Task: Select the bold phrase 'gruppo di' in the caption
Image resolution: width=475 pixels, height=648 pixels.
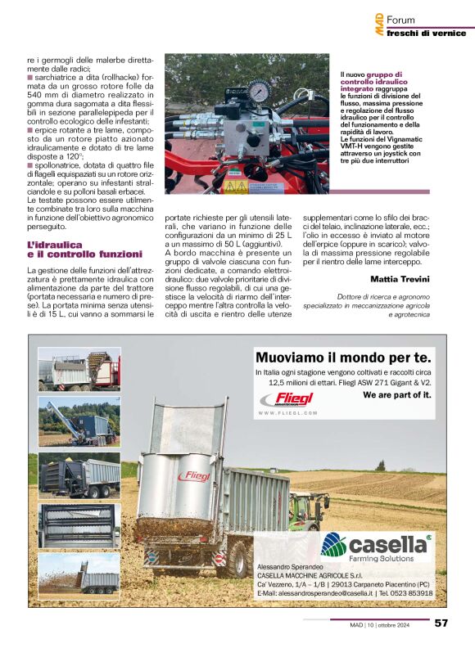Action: point(378,74)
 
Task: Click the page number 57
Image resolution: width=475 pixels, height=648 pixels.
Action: point(441,623)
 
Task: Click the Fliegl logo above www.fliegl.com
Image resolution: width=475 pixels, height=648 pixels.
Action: point(286,398)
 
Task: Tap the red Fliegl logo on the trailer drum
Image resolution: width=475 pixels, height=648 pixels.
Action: point(194,475)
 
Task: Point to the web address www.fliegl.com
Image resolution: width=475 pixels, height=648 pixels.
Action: point(287,414)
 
